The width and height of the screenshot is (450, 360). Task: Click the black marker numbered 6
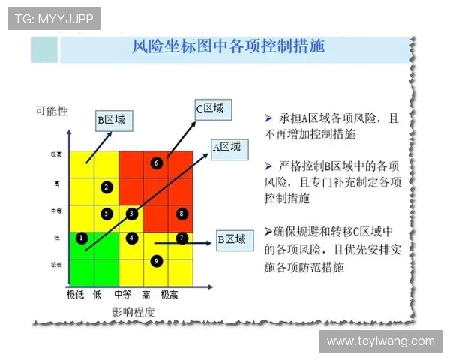tap(156, 163)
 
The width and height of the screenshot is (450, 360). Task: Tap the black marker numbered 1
tap(82, 238)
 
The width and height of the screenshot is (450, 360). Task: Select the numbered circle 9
tap(156, 261)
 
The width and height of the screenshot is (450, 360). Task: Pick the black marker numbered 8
tap(181, 214)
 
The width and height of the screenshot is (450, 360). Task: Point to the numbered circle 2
tap(107, 187)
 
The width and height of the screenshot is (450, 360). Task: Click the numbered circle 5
tap(107, 214)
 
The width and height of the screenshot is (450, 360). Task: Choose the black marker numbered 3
tap(132, 214)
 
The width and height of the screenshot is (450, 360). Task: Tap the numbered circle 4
tap(132, 238)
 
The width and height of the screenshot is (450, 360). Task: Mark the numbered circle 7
tap(181, 238)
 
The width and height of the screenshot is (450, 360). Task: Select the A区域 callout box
tap(228, 148)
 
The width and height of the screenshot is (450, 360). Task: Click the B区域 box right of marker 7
tap(232, 239)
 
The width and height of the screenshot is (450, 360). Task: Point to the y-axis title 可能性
tap(52, 111)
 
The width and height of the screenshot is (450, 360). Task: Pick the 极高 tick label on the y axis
tap(56, 154)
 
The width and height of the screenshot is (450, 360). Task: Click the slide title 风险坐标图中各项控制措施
tap(229, 46)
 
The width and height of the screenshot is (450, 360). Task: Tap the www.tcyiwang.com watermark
tap(381, 341)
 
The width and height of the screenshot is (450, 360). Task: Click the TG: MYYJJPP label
tap(54, 19)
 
